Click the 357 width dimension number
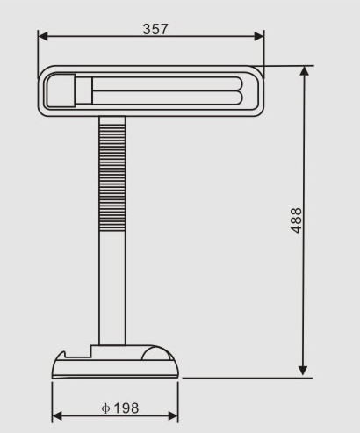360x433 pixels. tap(155, 28)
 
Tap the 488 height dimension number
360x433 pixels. tap(297, 220)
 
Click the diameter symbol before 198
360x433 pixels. tap(104, 408)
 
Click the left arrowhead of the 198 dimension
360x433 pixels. tap(57, 416)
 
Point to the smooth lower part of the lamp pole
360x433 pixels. tap(112, 290)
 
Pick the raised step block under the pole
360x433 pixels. tap(97, 350)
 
